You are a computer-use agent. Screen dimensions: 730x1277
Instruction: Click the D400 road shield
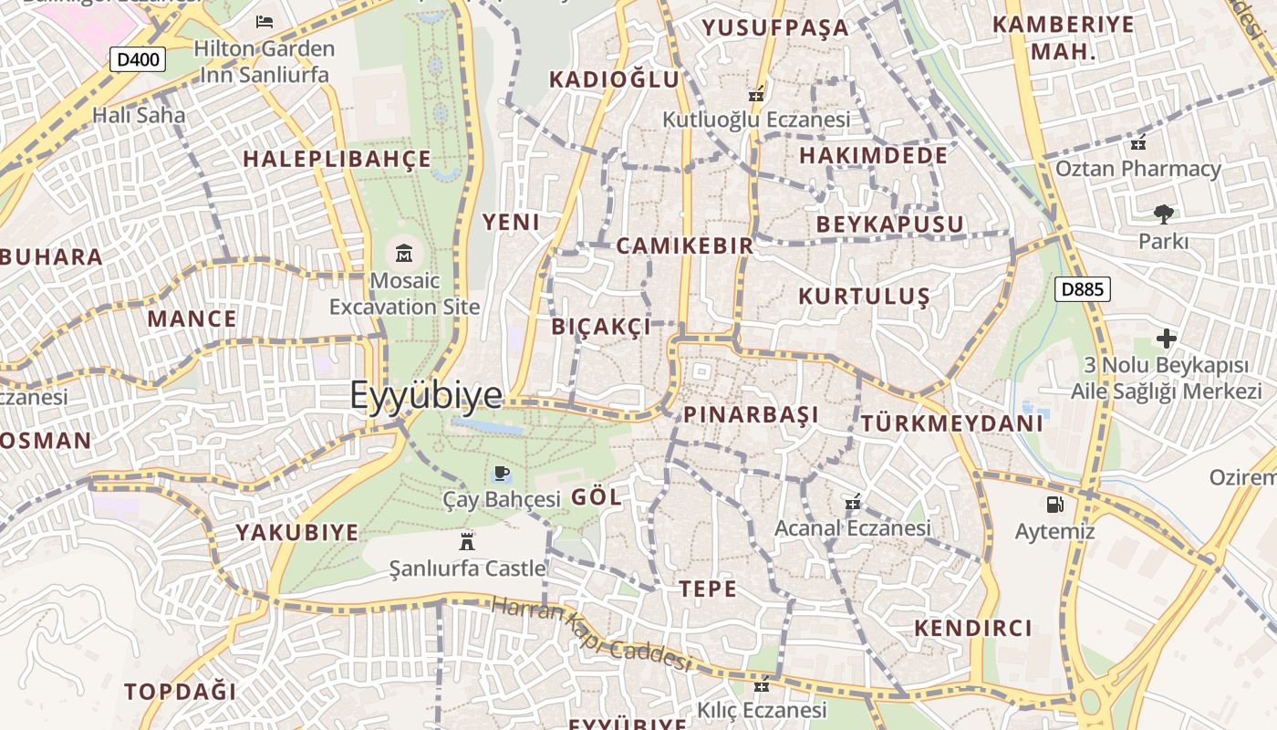139,60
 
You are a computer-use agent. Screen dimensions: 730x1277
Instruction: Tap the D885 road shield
1083,290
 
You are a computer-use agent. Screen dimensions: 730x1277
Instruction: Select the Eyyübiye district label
426,395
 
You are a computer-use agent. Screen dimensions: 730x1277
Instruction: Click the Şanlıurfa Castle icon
467,541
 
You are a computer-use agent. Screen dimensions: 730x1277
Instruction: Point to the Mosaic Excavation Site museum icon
404,253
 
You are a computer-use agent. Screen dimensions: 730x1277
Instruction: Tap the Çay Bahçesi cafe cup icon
501,473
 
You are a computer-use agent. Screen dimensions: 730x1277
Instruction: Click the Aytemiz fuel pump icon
1054,504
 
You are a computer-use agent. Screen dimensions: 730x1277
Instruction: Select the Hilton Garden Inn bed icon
265,21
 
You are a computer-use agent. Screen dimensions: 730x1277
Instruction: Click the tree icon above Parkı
1163,214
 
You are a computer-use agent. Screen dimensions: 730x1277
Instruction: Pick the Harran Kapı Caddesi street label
591,632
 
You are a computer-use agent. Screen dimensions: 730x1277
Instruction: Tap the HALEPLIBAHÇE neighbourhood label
337,159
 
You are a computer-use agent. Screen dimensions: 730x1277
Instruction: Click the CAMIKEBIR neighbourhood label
685,245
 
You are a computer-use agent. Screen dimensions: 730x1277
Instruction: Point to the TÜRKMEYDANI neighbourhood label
951,423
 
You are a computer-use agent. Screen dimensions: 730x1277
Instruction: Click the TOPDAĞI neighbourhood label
181,691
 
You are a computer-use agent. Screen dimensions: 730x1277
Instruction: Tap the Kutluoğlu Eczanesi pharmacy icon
755,94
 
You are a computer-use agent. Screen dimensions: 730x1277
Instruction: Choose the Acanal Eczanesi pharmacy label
852,528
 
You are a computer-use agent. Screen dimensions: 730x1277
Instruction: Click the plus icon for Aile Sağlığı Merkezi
1166,339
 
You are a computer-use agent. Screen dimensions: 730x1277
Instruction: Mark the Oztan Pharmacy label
1150,169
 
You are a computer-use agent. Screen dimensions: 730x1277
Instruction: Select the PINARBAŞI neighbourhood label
751,415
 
